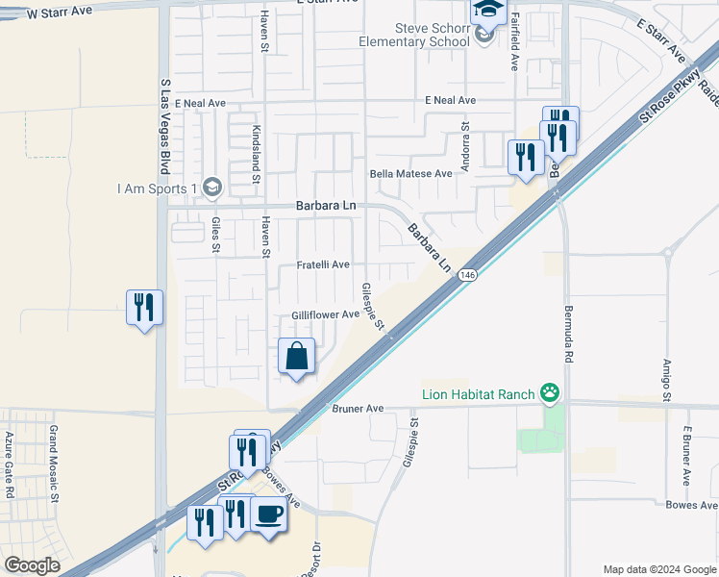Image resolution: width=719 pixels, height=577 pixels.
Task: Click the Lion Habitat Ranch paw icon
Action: coord(549,391)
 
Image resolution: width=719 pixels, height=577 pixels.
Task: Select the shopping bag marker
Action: coord(297,357)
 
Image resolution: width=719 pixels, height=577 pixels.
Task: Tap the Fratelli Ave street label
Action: coord(322,264)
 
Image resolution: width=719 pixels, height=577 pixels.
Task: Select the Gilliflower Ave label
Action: coord(325,314)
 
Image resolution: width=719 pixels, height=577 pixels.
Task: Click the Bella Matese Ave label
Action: coord(410,174)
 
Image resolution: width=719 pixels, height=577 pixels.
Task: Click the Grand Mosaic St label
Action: coord(54,464)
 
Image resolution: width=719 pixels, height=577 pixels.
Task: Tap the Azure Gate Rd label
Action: coord(10,464)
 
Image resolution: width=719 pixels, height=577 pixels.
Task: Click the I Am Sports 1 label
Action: coord(156,188)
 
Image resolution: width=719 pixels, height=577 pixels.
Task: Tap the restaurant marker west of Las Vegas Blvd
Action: coord(144,308)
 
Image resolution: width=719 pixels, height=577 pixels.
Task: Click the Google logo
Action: coord(32,565)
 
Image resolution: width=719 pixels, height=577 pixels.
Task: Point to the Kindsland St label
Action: coord(257,154)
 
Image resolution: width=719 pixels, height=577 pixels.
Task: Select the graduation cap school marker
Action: coord(487,11)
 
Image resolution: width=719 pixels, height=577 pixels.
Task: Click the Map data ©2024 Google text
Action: coord(658,568)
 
